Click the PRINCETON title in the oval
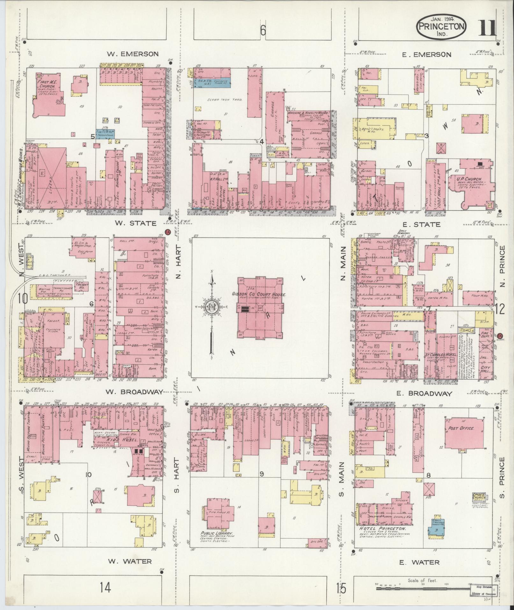441,27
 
